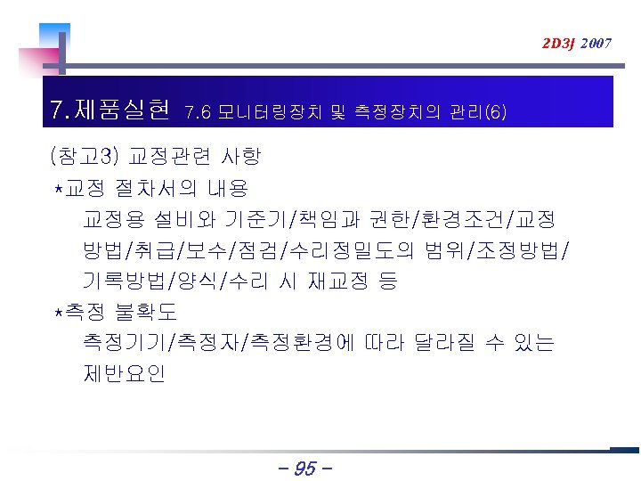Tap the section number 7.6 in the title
[197, 112]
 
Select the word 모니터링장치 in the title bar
[272, 112]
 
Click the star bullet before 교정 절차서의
[59, 189]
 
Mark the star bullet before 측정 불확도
[59, 313]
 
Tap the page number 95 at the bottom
[304, 467]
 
